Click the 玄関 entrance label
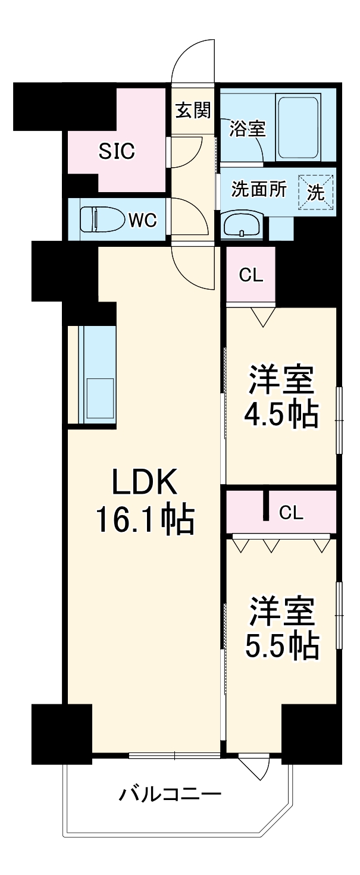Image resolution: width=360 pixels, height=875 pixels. coord(193,110)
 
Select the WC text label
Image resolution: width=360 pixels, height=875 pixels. coord(142,220)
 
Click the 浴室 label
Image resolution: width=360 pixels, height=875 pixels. coord(248,128)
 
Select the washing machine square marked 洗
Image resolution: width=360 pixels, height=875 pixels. coord(316,192)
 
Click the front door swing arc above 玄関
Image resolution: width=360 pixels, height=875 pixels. coord(194,59)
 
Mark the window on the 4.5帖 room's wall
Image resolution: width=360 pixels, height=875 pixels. coord(339,421)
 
